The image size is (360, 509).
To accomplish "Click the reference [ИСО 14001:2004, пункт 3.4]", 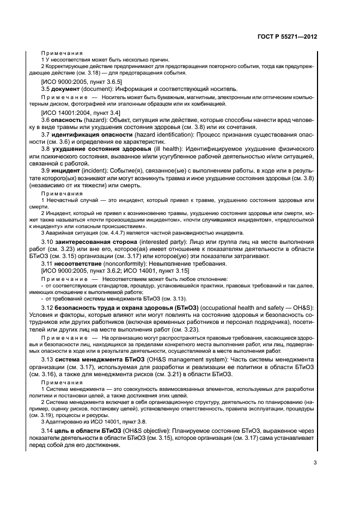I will click(x=77, y=111).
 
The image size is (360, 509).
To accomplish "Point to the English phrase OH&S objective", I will click(x=156, y=431).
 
